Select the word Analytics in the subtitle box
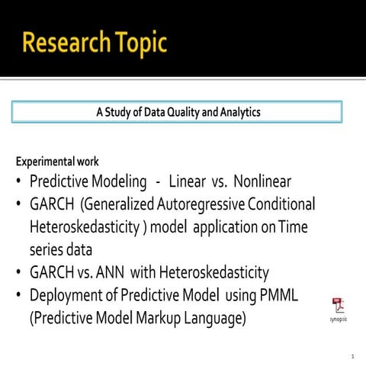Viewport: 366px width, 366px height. point(236,112)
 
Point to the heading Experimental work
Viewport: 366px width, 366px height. point(57,162)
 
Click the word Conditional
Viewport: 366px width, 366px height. point(281,204)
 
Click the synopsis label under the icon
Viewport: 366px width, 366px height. point(337,320)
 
